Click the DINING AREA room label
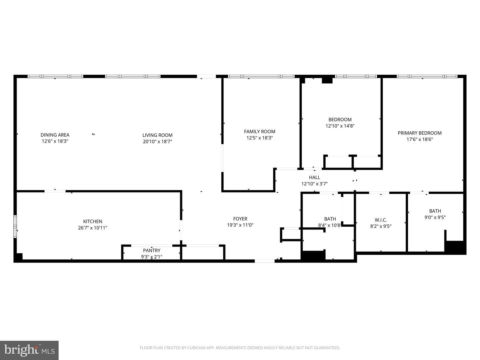(x=55, y=135)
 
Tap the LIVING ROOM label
(x=157, y=135)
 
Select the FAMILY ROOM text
(x=260, y=132)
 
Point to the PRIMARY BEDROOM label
(x=420, y=133)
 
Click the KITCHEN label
(x=93, y=221)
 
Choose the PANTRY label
(x=152, y=250)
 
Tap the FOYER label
(x=240, y=219)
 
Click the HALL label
(x=314, y=177)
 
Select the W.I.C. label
(x=381, y=220)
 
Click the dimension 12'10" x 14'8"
(x=340, y=126)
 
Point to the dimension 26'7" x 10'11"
(x=93, y=228)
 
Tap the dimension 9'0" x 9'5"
(x=435, y=217)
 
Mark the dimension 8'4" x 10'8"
(x=330, y=225)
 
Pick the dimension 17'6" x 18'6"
(x=420, y=139)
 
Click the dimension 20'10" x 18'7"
(x=157, y=141)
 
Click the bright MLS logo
(x=29, y=350)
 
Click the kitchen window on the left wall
(x=15, y=226)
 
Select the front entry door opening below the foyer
(x=264, y=261)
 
